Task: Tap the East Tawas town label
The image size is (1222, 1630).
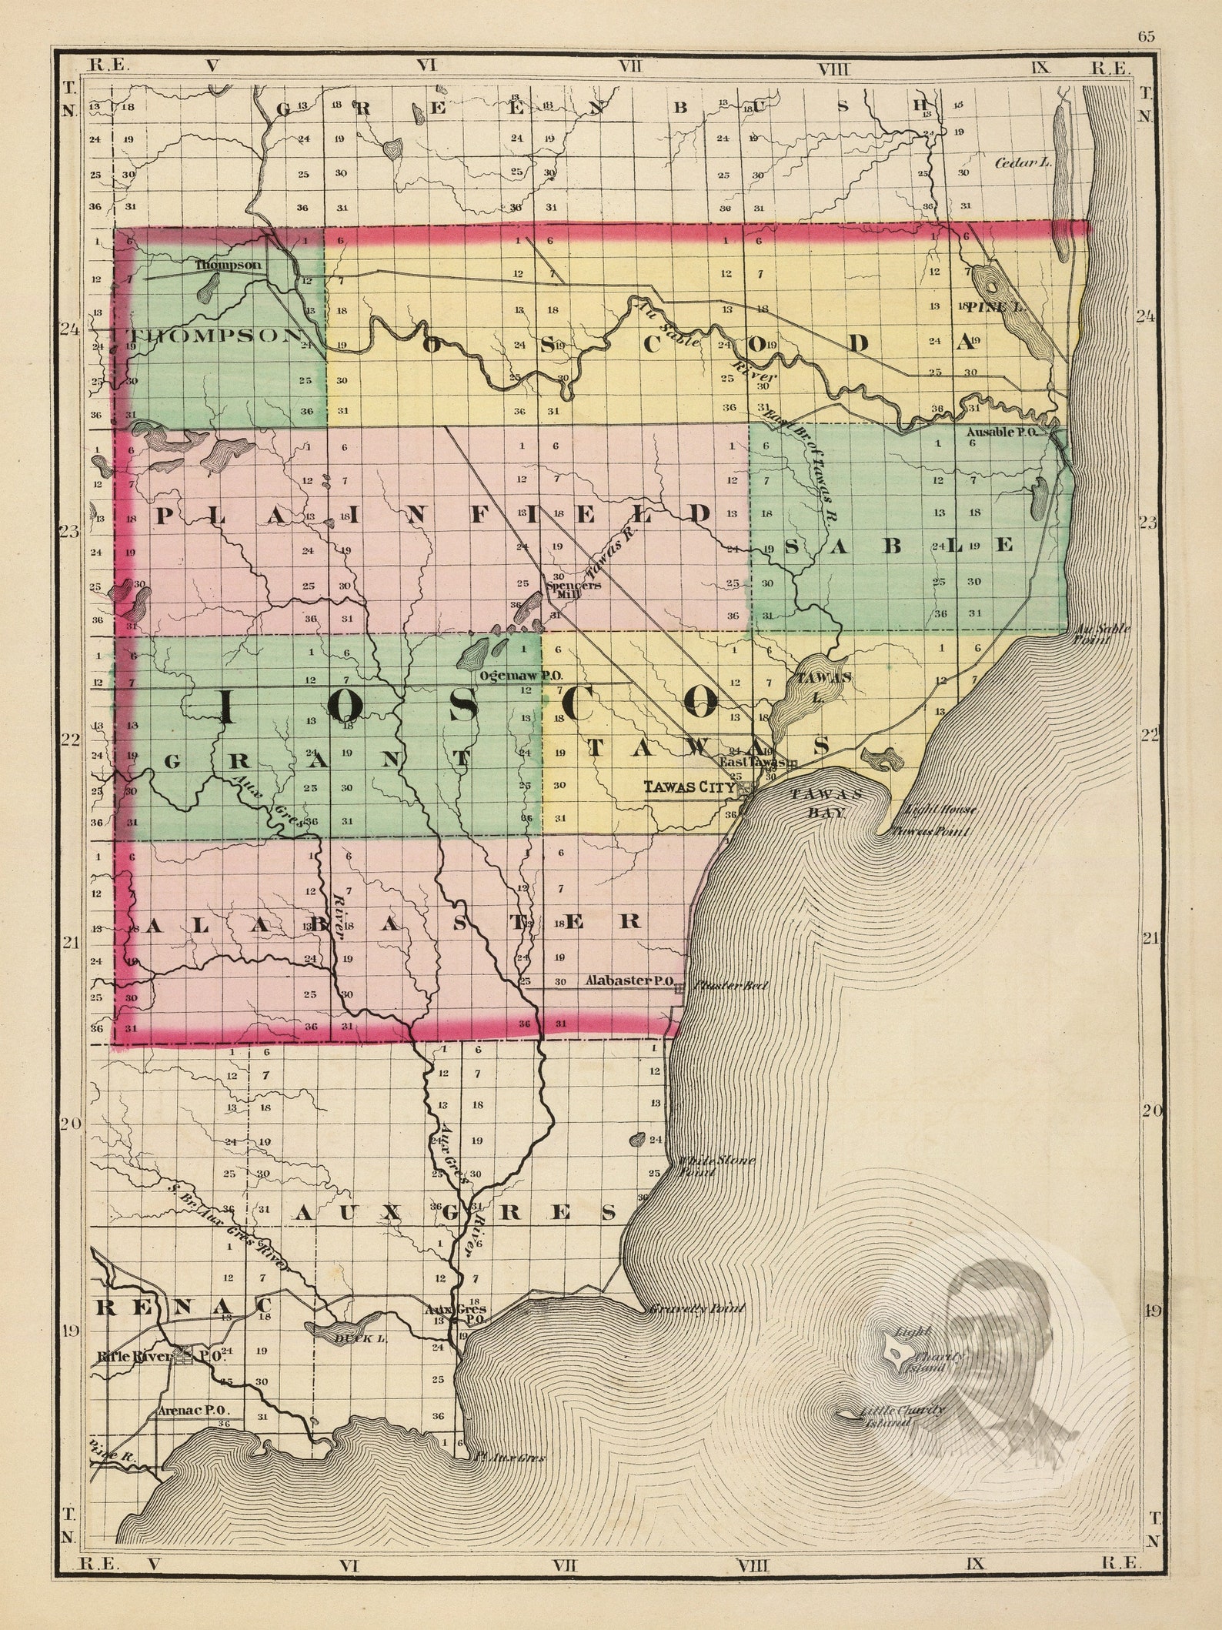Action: (752, 761)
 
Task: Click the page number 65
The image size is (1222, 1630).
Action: (1147, 36)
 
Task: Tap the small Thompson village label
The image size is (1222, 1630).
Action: (228, 265)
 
